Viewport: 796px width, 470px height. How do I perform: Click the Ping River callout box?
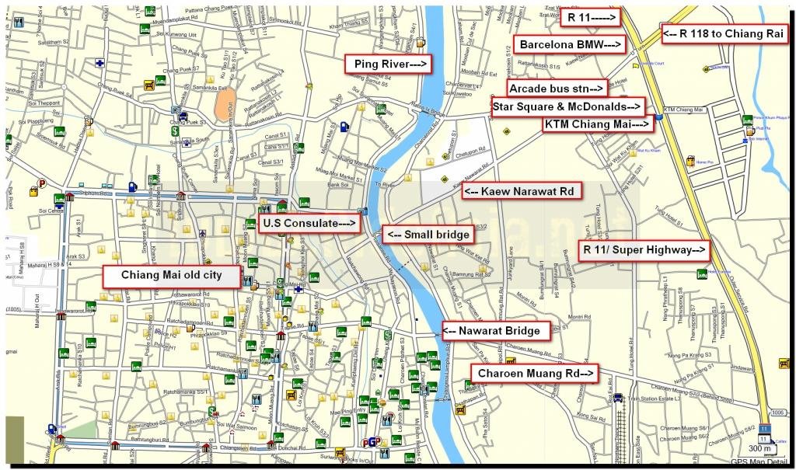click(389, 64)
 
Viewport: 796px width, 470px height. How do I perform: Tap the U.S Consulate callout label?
click(309, 223)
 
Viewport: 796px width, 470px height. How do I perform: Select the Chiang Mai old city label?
click(170, 276)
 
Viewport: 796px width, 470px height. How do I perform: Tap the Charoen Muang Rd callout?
click(535, 374)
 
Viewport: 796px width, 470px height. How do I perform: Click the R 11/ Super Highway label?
click(646, 250)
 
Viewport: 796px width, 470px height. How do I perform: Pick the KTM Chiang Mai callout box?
click(597, 124)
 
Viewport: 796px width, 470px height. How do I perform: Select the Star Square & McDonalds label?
click(567, 106)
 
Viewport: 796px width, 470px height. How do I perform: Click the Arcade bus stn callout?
click(557, 88)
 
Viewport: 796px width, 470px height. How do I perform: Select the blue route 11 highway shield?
click(765, 429)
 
